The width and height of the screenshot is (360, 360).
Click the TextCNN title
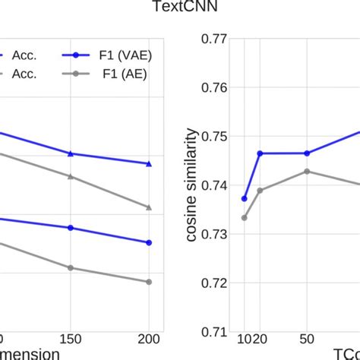pos(179,8)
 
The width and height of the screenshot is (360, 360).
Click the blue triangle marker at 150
pos(71,153)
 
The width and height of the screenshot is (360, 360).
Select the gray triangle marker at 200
pos(149,207)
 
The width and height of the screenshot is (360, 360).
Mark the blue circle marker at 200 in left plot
pos(149,243)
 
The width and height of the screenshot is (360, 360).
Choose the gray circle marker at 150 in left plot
pos(71,267)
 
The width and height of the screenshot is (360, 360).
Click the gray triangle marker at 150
pos(71,177)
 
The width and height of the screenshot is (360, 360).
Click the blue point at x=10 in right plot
pos(245,198)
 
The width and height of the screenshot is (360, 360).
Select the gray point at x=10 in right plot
pos(245,218)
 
